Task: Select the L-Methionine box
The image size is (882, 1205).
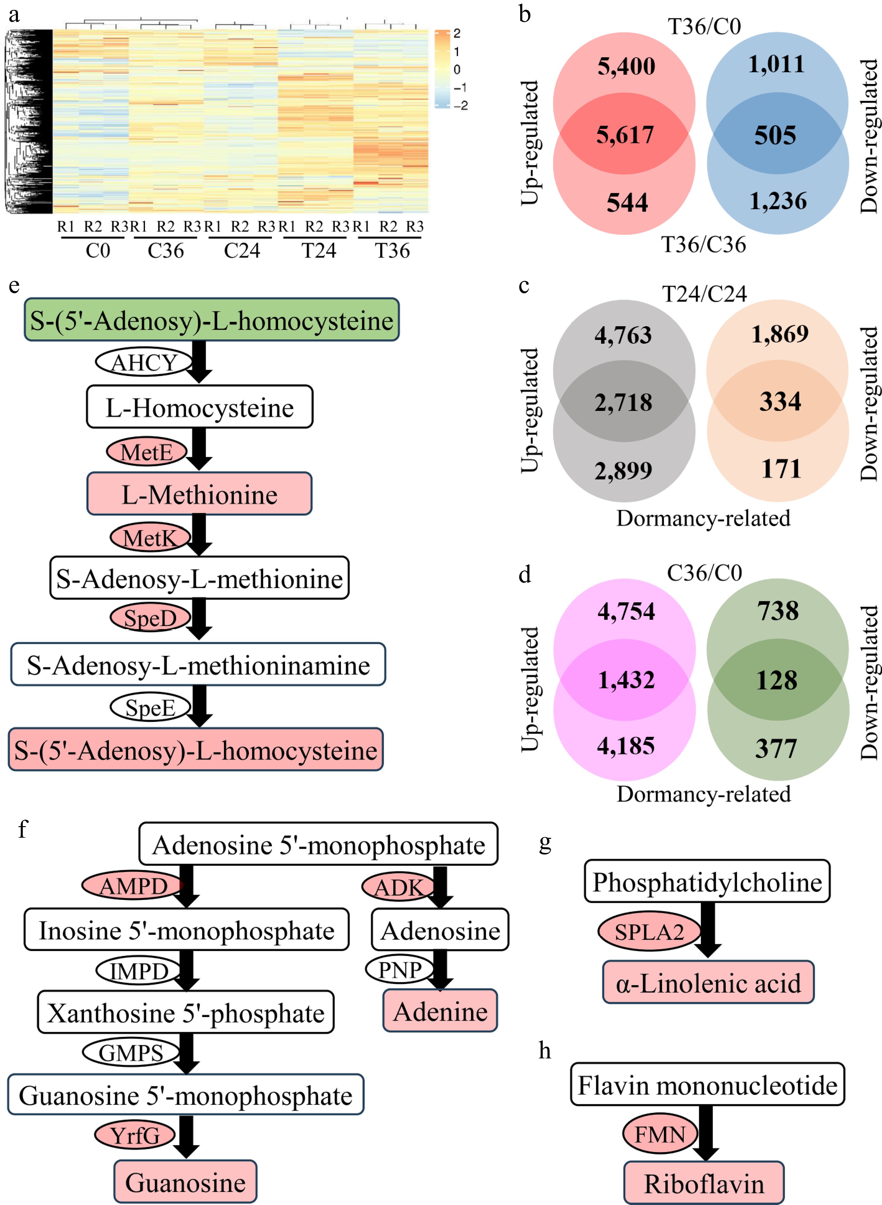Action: click(x=199, y=494)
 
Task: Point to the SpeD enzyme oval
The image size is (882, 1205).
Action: click(x=150, y=618)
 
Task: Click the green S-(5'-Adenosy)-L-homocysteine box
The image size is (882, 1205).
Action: click(x=212, y=320)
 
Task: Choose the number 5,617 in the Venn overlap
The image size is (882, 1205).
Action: click(x=625, y=134)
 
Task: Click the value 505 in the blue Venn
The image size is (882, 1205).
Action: click(x=775, y=135)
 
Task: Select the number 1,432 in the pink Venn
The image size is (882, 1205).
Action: click(x=626, y=680)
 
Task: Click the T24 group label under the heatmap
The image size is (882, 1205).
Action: click(x=319, y=251)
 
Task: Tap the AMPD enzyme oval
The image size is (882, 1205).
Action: click(x=133, y=887)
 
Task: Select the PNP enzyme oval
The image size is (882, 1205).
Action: click(x=399, y=969)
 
